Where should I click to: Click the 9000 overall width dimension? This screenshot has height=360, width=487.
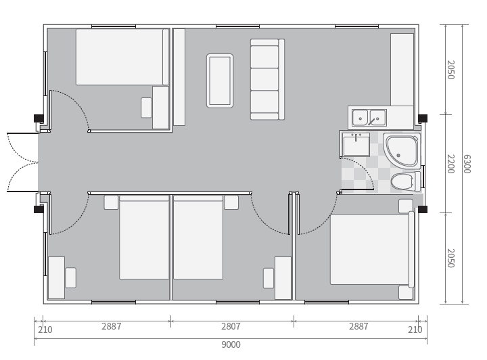coord(231,344)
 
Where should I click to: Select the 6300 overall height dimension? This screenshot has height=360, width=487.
coord(467,164)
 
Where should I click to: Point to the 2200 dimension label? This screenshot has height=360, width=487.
coord(450,164)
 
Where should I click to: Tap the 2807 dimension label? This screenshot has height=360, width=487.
coord(231,326)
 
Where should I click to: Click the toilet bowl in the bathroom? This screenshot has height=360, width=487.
coord(402,181)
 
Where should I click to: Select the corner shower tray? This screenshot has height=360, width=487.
coord(402,150)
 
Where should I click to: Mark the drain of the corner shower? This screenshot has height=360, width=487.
coord(398,156)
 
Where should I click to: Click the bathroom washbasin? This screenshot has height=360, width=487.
coord(356,145)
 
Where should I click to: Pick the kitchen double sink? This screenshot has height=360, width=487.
coord(369,118)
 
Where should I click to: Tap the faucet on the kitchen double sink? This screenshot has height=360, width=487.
coord(371,121)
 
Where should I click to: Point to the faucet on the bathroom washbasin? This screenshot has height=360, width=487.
coord(356,137)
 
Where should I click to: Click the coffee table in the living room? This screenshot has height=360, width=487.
coord(220,81)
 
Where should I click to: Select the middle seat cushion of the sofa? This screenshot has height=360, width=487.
coord(264,79)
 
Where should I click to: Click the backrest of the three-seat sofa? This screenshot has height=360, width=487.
coord(281,79)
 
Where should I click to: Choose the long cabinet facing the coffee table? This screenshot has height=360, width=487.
coord(179,77)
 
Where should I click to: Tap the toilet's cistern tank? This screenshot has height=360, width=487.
coord(417,181)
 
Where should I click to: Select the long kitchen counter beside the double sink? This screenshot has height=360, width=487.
coord(402,70)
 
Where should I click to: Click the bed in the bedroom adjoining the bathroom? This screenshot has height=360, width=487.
coord(372,250)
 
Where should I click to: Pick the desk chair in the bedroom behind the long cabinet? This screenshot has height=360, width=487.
coord(146,108)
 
